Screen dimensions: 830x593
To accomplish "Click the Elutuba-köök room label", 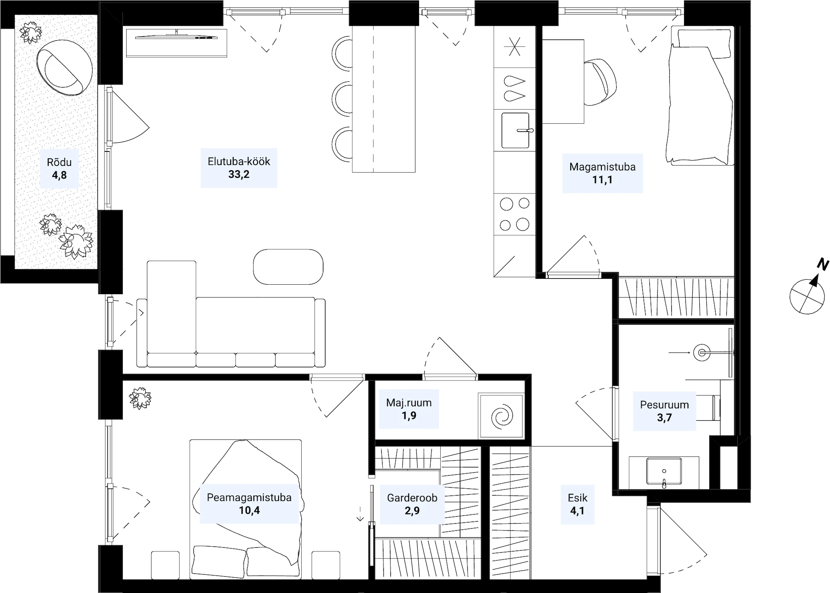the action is (239, 168).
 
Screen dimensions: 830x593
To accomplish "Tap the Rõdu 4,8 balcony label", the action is (59, 168).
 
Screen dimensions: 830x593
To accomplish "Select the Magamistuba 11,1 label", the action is (602, 173).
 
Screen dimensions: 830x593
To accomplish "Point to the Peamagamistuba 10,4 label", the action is (249, 504).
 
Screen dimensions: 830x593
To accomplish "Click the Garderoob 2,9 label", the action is (412, 504).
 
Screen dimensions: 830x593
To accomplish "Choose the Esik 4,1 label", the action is (577, 504).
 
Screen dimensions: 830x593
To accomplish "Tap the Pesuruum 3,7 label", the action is (664, 411).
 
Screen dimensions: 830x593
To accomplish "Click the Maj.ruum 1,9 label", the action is (409, 409).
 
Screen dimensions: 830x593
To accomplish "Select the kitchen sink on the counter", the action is (515, 130).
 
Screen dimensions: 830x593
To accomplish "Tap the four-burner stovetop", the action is (515, 214).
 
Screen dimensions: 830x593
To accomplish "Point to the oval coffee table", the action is (288, 267).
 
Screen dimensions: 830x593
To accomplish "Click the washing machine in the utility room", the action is (501, 415).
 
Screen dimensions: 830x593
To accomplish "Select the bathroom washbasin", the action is (664, 472).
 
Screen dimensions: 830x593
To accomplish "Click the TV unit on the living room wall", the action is (176, 43).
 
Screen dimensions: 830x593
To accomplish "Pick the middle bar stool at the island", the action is (342, 99).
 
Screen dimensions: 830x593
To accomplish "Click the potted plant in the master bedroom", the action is (140, 398).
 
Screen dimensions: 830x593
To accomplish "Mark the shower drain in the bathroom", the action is (702, 353).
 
